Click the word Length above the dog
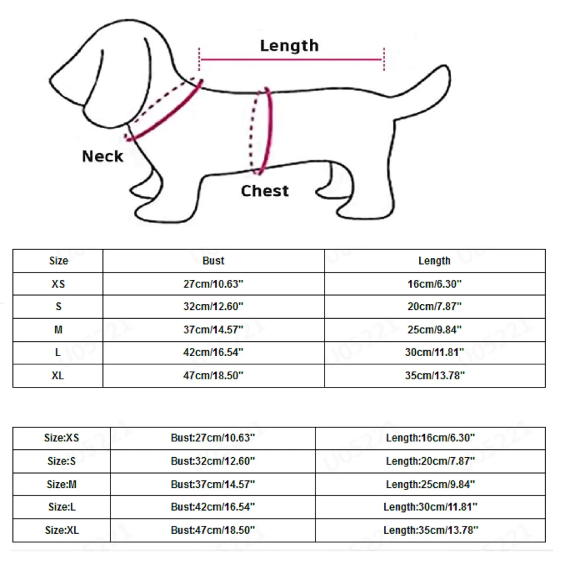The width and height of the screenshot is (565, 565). [289, 46]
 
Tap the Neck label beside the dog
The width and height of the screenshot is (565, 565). [102, 156]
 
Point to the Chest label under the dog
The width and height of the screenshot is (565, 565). [264, 191]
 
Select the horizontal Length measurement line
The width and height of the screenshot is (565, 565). [291, 60]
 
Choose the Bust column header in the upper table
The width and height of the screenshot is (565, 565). [213, 261]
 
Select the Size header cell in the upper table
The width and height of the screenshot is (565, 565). [58, 261]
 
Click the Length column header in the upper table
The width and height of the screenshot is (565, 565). [434, 261]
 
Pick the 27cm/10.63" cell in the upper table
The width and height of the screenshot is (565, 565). [213, 284]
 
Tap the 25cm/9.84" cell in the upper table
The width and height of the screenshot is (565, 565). [434, 329]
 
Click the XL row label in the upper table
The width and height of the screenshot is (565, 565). [58, 375]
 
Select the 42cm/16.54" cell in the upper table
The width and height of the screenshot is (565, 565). [213, 352]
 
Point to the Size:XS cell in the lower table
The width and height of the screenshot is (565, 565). [61, 438]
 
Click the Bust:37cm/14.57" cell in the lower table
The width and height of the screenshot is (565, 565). [213, 484]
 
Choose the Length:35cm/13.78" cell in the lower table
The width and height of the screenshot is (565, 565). [430, 530]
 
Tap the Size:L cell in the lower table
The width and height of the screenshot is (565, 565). [61, 507]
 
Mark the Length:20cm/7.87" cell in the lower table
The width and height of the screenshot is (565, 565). [430, 461]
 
